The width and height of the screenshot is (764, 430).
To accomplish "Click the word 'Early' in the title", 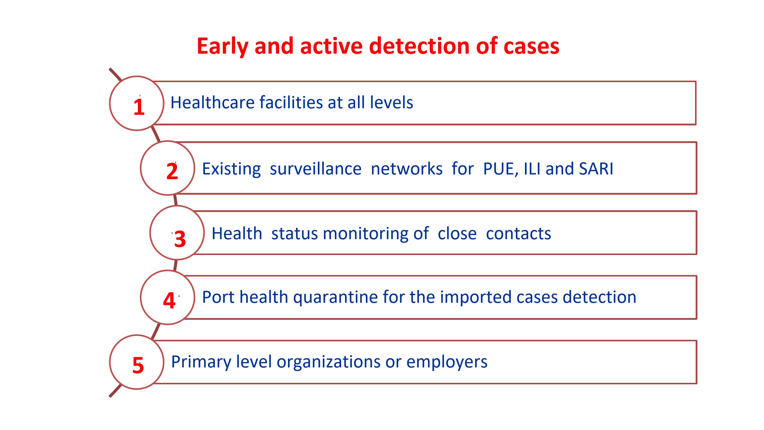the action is [x=222, y=47].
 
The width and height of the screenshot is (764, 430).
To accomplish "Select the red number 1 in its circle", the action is [x=139, y=107].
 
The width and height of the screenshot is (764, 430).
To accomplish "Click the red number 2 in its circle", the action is [x=172, y=171].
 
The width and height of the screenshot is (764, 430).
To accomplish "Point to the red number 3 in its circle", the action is [x=180, y=239].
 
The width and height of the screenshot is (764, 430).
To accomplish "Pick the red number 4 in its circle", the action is [x=169, y=300].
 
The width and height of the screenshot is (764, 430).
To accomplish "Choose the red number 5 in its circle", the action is [x=138, y=365].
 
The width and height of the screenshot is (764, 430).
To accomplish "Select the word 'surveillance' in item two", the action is [x=315, y=169].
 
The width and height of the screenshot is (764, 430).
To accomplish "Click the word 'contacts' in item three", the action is [x=518, y=234].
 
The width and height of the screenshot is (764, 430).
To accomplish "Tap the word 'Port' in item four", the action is [x=219, y=297].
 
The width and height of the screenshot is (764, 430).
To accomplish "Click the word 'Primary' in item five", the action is [x=201, y=362].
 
